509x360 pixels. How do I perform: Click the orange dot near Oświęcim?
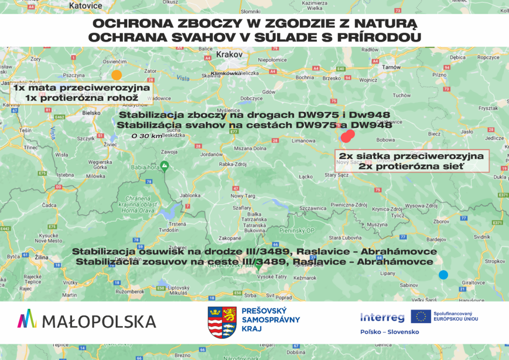coord(116,75)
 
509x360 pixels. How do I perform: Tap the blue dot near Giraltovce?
coord(443,274)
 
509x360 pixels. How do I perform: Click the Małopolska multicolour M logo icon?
coord(27,319)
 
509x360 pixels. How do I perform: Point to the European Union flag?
coord(421,316)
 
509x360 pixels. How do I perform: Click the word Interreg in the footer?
coord(382,317)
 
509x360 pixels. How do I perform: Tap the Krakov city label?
coord(230,54)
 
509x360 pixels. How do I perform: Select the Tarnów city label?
coord(391,67)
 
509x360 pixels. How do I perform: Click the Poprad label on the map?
coord(283,298)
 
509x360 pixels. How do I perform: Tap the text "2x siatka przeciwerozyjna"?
coord(411,156)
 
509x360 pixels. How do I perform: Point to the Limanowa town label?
coord(303,141)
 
